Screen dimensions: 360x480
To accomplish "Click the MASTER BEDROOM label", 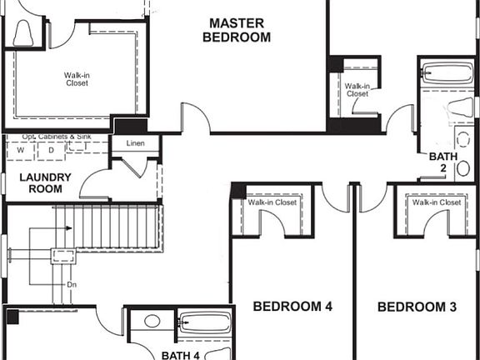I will coord(239,30).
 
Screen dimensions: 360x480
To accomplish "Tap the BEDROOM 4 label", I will coord(292,307).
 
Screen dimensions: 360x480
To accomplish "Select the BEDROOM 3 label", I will coord(417,307).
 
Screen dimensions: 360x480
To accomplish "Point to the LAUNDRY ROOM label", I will coord(45,182).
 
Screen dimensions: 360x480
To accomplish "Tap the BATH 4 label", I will coord(181,355).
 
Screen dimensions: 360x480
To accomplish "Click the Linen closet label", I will coord(135,143).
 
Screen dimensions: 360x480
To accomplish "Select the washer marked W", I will coord(20,150).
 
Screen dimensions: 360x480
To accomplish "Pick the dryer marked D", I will coord(50,150).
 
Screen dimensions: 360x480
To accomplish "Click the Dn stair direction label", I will coord(72,284).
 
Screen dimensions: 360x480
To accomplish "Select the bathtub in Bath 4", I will coord(204,323).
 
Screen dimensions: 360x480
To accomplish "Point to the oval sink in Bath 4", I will coord(152,320).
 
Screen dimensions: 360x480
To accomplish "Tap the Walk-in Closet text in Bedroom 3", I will coord(436,202).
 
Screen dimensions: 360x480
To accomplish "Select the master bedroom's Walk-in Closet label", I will coord(77,79).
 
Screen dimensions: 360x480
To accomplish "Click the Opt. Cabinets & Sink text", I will coord(57,136).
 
